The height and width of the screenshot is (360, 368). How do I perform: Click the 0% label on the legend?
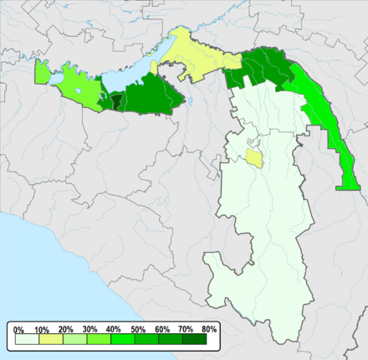click(x=18, y=330)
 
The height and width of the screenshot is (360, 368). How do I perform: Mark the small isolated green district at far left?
click(x=42, y=73)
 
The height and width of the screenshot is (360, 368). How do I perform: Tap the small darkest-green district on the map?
click(x=117, y=100)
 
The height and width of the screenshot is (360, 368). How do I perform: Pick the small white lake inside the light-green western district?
click(x=79, y=90)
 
